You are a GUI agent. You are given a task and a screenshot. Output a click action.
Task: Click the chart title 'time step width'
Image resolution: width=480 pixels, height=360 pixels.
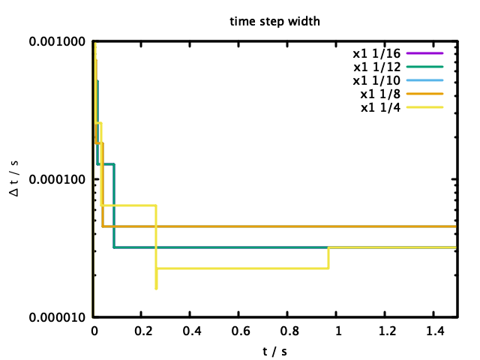point(274,21)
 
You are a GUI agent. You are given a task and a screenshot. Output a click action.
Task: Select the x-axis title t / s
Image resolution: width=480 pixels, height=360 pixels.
point(274,349)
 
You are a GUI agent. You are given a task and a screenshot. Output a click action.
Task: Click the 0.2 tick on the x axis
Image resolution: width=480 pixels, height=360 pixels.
point(142,331)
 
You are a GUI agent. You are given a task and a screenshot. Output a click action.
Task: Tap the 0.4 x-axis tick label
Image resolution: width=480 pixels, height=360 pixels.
point(191,331)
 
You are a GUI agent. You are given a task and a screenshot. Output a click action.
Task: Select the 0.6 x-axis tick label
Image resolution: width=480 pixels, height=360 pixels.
point(240,331)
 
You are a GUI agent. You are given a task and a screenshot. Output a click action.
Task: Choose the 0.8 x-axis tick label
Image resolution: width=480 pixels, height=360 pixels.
point(289,331)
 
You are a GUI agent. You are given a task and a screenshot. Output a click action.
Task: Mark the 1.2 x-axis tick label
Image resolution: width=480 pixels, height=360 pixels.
point(387,331)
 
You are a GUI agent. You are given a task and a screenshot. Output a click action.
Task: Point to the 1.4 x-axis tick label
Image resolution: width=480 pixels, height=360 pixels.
point(436,331)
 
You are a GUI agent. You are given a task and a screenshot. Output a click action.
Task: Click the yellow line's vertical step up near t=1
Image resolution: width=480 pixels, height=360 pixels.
point(328,257)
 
